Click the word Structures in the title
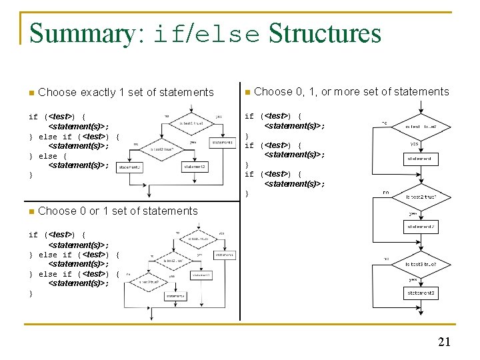click(325, 33)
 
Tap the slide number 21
click(444, 342)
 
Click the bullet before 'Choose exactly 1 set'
click(31, 93)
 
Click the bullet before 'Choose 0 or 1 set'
click(31, 211)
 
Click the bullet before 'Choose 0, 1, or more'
click(247, 92)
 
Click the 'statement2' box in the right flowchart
click(421, 227)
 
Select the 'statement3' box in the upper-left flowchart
click(130, 167)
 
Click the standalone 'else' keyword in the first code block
click(47, 156)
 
